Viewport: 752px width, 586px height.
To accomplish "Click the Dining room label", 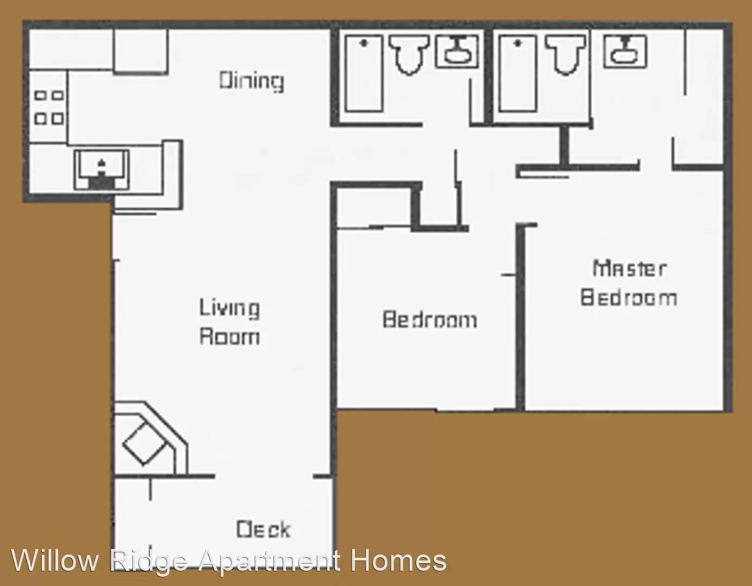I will (251, 81).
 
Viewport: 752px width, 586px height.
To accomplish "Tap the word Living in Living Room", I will (229, 308).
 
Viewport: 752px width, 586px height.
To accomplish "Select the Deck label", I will (263, 529).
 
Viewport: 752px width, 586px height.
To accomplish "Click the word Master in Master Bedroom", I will (629, 268).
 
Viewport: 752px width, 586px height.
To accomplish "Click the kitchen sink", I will (101, 169).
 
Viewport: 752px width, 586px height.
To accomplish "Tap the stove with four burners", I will (49, 107).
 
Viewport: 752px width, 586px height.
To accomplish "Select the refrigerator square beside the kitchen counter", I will (141, 50).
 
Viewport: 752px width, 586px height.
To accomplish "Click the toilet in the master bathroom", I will (565, 53).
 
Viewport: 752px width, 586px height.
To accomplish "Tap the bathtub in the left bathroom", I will (364, 73).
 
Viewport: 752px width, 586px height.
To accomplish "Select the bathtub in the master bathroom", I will (518, 73).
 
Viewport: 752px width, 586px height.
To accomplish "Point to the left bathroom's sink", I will (457, 51).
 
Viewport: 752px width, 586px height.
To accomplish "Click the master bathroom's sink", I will (625, 51).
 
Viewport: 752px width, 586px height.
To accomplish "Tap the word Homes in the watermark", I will (398, 560).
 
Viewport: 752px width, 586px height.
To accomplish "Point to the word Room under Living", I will (229, 336).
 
